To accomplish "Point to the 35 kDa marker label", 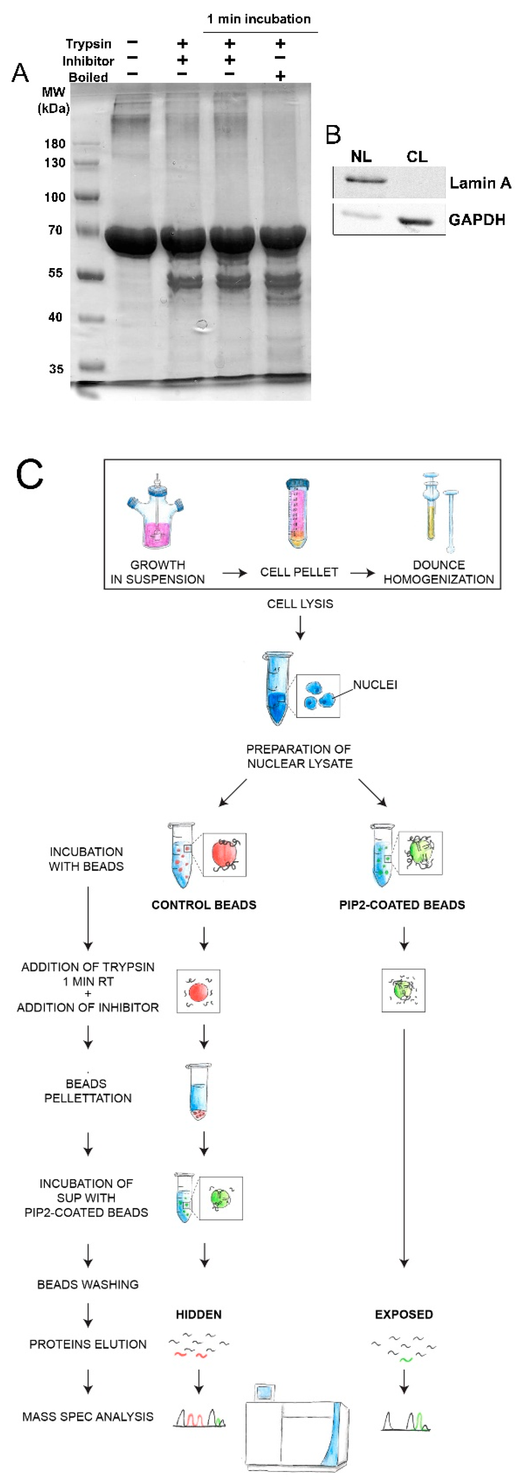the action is tap(56, 369).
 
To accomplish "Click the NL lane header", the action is tap(361, 156).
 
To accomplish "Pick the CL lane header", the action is tap(417, 156).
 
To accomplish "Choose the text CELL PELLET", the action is tap(299, 572).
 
